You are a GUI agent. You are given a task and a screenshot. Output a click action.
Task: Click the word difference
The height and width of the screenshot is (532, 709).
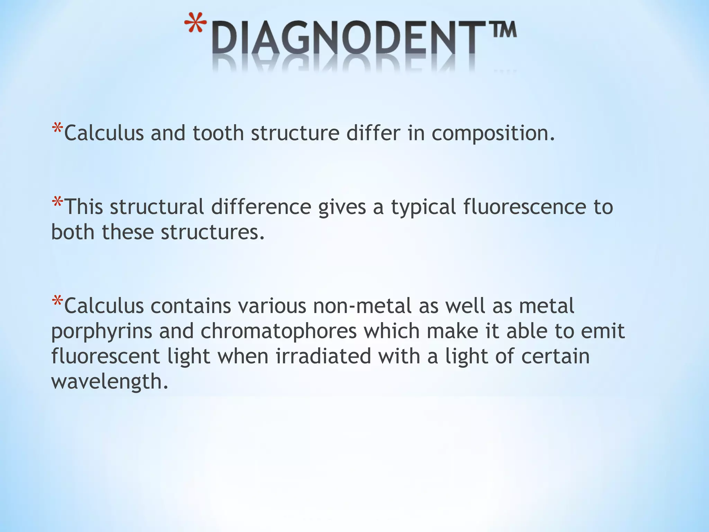[x=261, y=207]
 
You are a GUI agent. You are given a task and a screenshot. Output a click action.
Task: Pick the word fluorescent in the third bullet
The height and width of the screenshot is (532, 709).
[x=105, y=356]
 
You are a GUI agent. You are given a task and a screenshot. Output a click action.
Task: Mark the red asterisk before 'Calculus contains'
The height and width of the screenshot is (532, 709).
[x=57, y=301]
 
